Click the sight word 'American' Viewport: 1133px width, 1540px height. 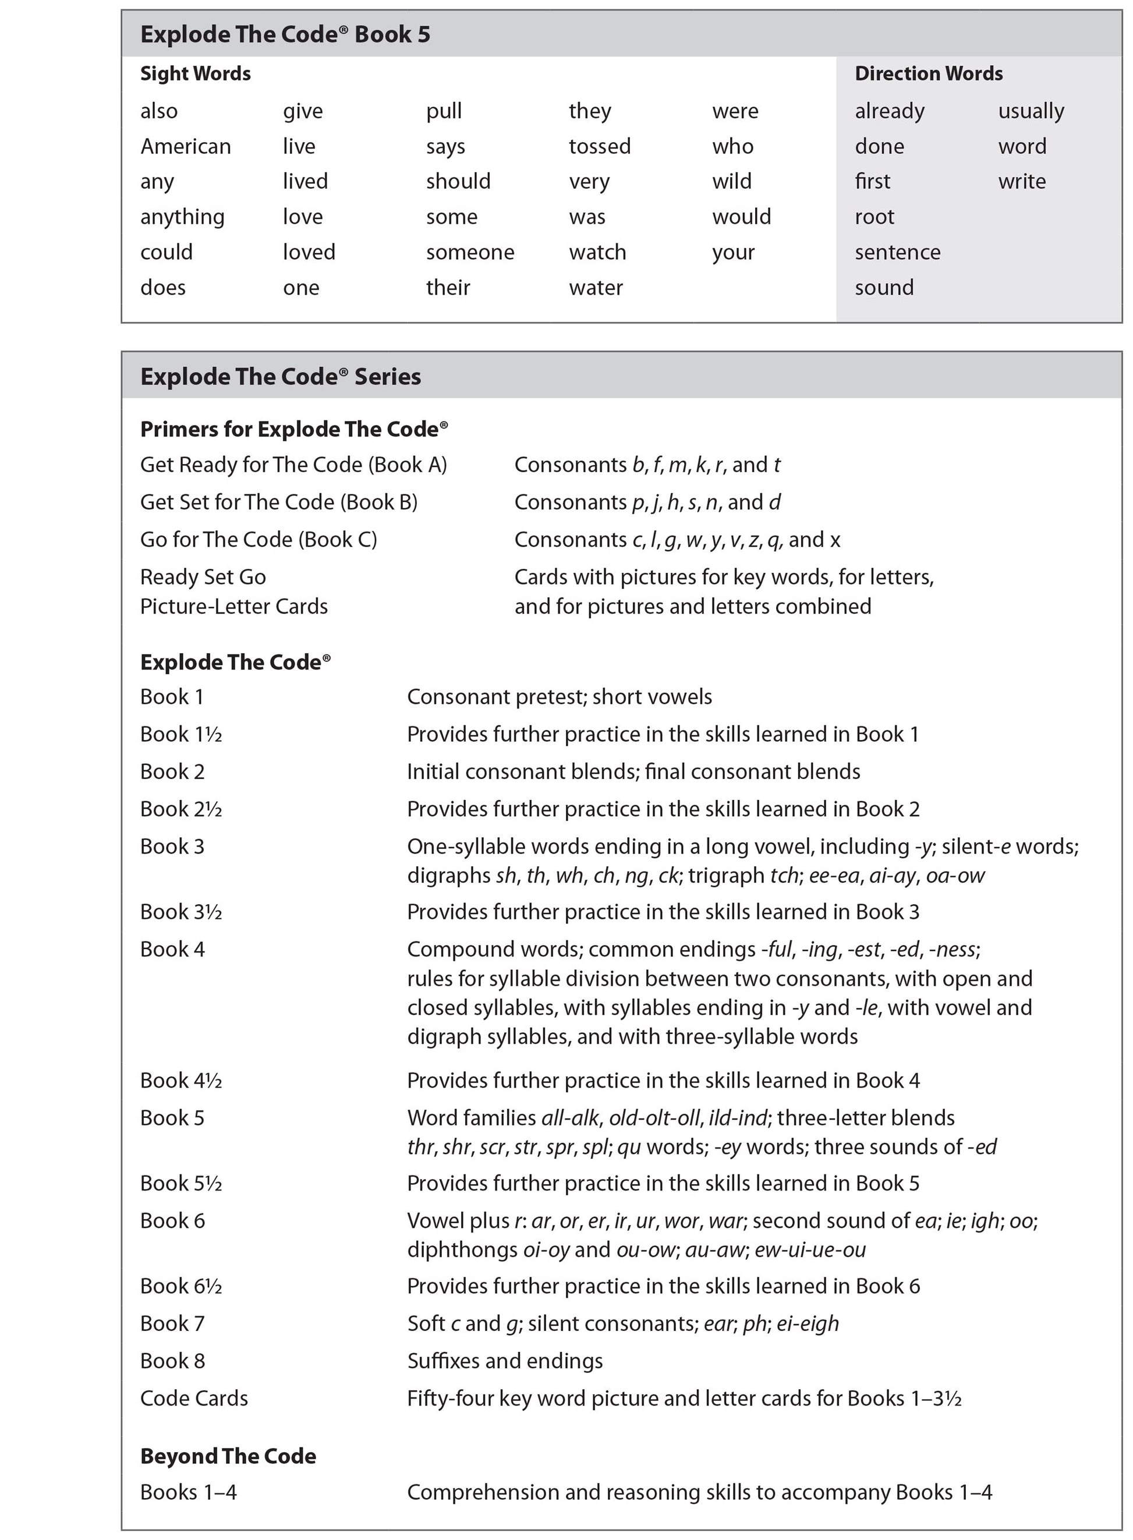tap(185, 146)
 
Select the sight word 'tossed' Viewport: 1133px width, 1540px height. tap(600, 146)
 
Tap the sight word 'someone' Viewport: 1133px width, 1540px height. tap(470, 252)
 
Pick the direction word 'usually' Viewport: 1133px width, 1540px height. tap(1031, 111)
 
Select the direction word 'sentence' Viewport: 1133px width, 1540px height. tap(897, 252)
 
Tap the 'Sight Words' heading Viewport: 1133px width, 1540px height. tap(196, 73)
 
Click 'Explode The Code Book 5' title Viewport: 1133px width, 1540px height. tap(285, 34)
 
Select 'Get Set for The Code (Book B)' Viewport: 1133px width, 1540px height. tap(278, 502)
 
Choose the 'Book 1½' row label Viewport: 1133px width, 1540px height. tap(181, 734)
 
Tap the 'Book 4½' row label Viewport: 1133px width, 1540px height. tap(181, 1081)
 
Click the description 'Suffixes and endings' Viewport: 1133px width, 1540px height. tap(505, 1361)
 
